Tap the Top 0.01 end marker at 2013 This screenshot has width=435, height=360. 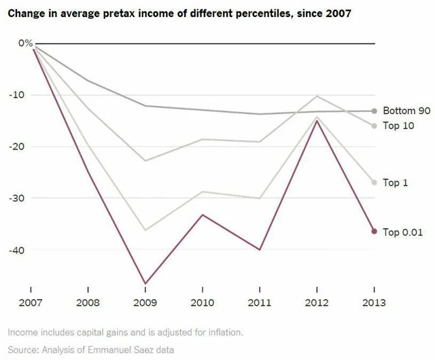tap(374, 231)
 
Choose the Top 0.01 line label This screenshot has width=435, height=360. tap(402, 232)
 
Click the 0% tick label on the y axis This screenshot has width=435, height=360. tap(24, 43)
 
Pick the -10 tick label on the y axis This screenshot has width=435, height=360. tap(24, 95)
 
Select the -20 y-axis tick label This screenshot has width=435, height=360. tap(24, 147)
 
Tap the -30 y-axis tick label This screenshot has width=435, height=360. tap(24, 198)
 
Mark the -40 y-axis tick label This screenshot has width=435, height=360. tap(24, 250)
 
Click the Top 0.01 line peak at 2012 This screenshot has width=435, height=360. tap(317, 120)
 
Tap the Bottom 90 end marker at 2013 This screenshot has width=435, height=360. tap(374, 111)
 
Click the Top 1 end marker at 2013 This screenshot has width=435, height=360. tap(374, 182)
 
